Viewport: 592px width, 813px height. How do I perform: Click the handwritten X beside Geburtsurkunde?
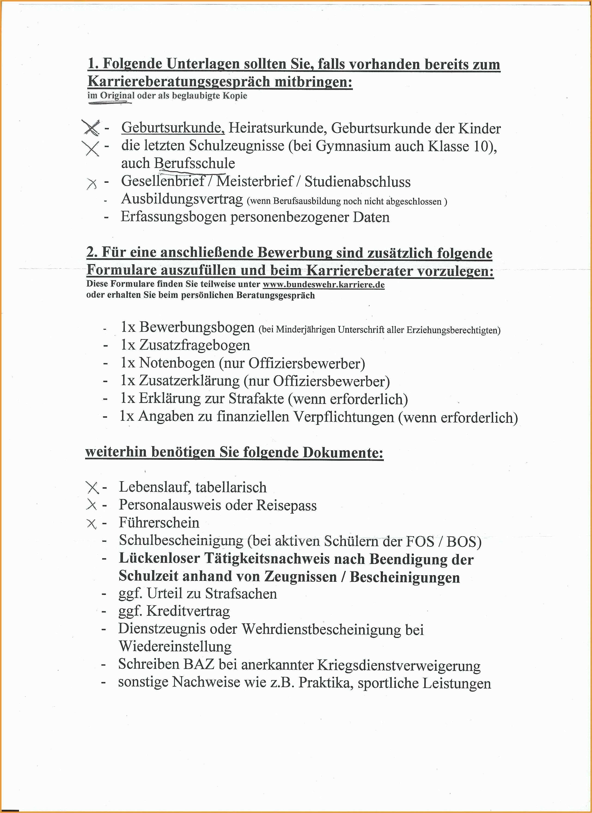[91, 128]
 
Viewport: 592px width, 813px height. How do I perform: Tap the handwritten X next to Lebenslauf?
[92, 487]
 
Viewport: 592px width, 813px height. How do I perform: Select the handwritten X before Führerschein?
[92, 524]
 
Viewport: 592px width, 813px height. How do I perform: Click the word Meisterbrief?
[255, 181]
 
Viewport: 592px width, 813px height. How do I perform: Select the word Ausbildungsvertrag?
[182, 199]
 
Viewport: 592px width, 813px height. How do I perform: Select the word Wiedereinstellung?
[175, 646]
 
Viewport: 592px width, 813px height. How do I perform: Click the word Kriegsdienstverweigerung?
[399, 665]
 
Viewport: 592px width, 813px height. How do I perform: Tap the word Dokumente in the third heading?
[343, 452]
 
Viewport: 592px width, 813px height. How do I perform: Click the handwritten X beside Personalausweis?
[92, 505]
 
